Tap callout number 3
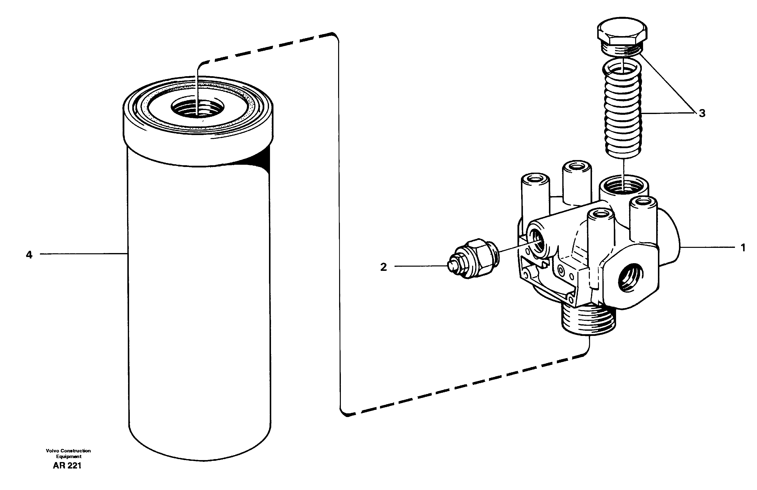[702, 113]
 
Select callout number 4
[29, 255]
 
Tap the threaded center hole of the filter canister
[197, 108]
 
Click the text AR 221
[67, 466]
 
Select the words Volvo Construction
[68, 451]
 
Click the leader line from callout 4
[83, 254]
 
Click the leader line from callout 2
[420, 266]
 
